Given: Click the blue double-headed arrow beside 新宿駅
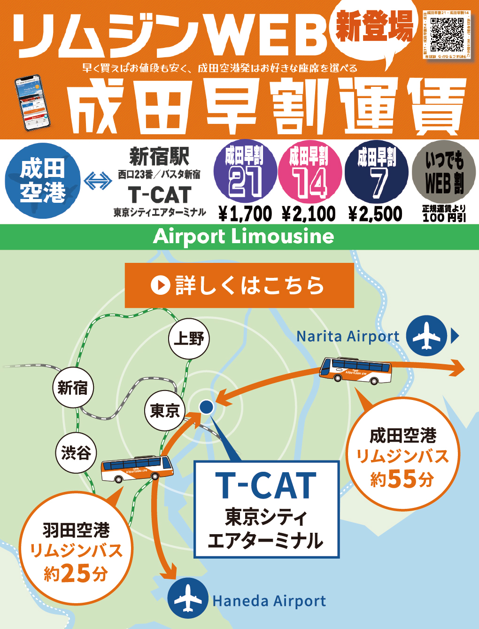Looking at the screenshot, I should tap(98, 181).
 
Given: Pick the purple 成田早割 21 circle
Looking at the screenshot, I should tap(245, 172).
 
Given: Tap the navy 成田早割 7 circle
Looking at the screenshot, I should tap(376, 172).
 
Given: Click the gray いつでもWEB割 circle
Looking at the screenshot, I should tap(444, 172).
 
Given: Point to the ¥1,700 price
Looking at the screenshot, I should tap(245, 214).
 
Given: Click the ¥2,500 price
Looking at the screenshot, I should tap(375, 214).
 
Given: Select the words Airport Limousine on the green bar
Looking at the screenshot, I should tap(243, 236).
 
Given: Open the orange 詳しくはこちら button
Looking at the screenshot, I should tap(239, 285).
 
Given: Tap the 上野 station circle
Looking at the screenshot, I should tap(189, 338).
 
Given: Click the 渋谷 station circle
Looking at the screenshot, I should tap(76, 453).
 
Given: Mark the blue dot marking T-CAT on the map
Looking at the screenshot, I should tap(206, 407).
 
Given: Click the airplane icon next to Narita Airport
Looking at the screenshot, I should tap(426, 336).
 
